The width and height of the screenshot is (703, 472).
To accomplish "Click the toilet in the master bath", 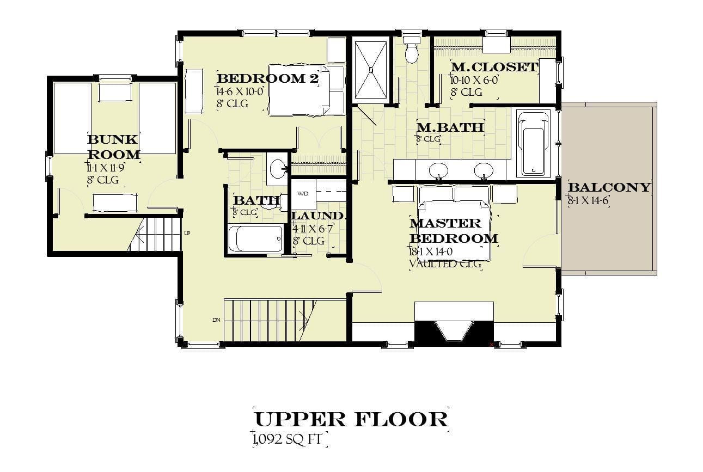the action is pos(412,50).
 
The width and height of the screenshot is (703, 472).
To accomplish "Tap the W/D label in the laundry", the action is pos(303,194).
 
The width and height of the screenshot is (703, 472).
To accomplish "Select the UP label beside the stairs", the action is pos(187,233).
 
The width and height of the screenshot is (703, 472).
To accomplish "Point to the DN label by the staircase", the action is pos(216,320).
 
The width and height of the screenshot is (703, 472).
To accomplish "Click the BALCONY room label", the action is pos(609,187).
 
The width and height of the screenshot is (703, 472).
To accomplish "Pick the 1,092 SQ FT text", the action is pos(287,439).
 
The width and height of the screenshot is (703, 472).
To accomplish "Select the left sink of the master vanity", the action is pos(438,171).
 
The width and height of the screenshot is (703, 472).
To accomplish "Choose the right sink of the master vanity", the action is pos(484,171).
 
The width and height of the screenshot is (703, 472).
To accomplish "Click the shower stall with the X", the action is pos(371,70).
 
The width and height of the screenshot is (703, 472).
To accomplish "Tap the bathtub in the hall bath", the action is pos(255,238).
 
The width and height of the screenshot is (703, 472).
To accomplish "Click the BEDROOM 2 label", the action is pos(268,78).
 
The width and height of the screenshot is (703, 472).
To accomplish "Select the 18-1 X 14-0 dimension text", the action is pos(431,252).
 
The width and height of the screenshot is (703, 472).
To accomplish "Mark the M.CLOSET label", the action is pos(494,67).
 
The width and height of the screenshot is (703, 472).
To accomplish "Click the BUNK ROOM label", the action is pos(113,147).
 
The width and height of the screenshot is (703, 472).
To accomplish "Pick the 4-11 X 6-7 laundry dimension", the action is pos(312,229).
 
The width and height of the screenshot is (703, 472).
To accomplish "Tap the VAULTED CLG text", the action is pos(445,263).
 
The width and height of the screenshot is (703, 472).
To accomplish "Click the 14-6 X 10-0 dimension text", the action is pos(240,91).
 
